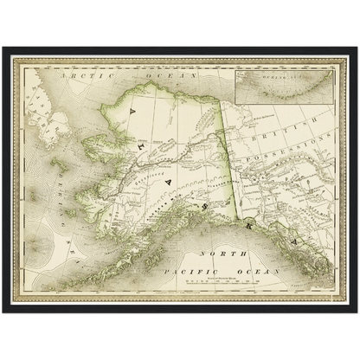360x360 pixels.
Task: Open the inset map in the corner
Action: (x=284, y=81)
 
